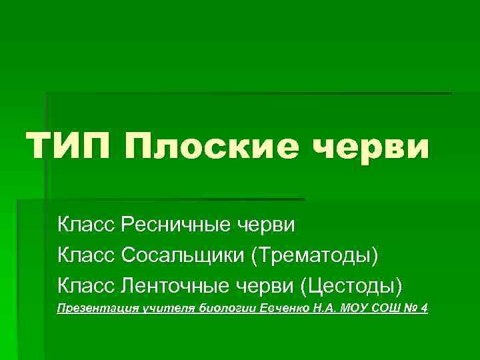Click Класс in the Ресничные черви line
(x=87, y=225)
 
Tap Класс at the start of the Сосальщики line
(x=87, y=255)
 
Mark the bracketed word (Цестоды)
(x=352, y=286)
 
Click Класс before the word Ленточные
(x=87, y=286)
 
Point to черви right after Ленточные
(x=269, y=286)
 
